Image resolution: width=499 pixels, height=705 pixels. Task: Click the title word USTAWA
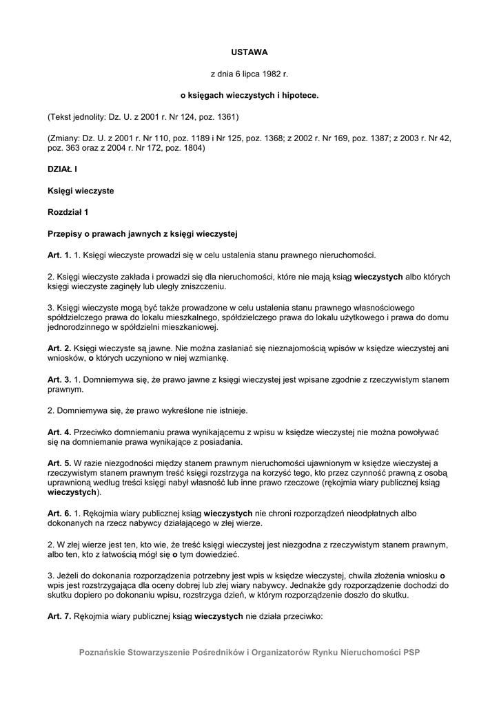pos(249,52)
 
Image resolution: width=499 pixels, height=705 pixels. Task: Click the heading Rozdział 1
pos(68,211)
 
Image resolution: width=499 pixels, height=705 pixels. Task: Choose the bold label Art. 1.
pos(59,255)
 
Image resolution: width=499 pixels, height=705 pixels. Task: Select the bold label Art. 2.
pos(59,349)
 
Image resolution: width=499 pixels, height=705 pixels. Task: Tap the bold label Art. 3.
pos(59,379)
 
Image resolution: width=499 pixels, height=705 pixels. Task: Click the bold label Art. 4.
pos(59,432)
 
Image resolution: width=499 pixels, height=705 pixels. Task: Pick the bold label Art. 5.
pos(59,463)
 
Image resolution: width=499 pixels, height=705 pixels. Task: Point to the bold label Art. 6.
pos(59,514)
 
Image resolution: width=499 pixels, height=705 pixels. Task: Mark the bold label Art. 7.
pos(59,618)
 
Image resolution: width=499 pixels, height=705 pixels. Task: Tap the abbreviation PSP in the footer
pos(411,652)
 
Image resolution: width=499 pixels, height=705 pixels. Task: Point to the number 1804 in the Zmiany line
pos(192,147)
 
